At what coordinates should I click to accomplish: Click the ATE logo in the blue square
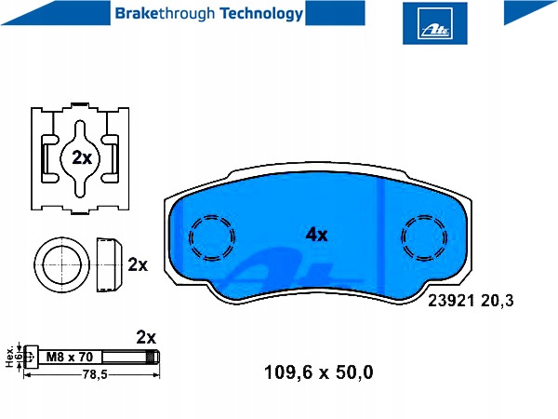435,22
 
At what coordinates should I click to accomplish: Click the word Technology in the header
261,14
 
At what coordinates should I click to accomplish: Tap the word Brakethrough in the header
165,14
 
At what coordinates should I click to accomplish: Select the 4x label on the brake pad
316,235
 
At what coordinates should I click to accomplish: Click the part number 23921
451,301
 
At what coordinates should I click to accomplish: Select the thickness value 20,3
498,302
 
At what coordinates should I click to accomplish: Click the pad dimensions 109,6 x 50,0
318,372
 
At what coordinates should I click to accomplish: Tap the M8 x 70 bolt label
70,357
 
